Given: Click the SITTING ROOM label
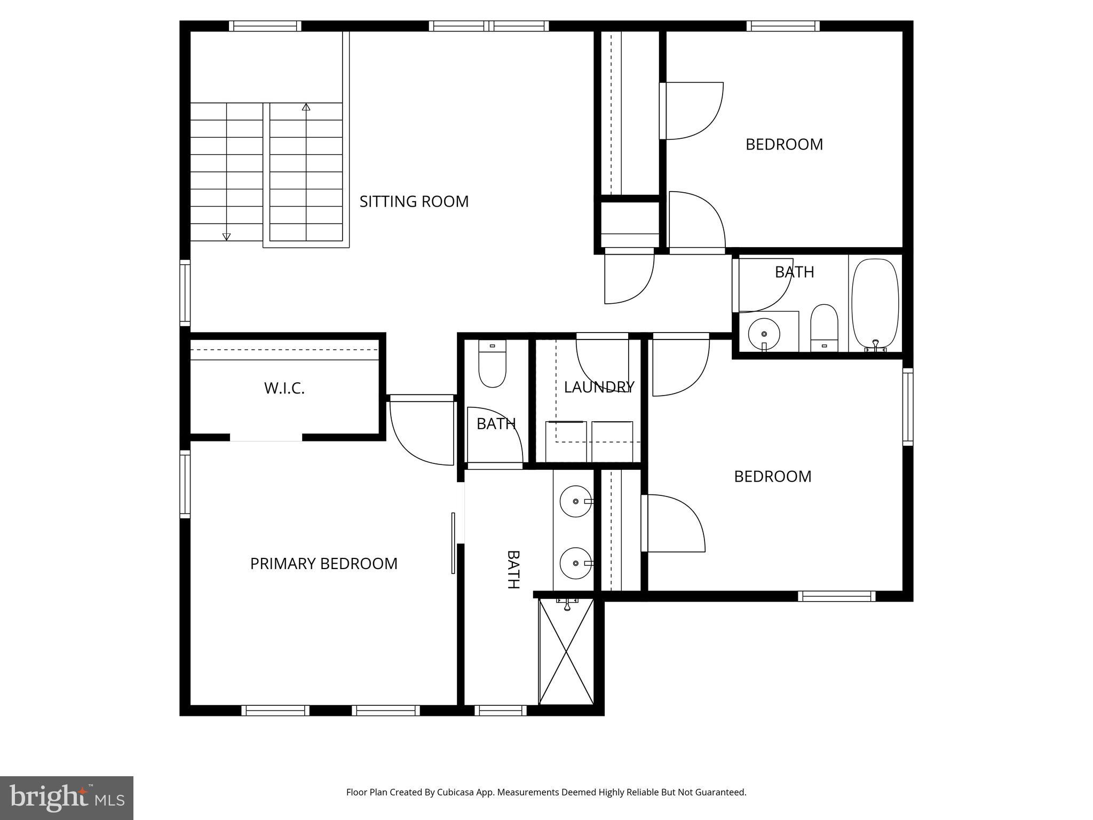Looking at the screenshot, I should [x=414, y=202].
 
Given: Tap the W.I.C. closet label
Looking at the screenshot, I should [x=284, y=389].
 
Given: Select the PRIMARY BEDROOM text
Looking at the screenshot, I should [x=323, y=564].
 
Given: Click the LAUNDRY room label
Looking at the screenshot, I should [x=599, y=387].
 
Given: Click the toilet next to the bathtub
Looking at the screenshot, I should [x=824, y=327].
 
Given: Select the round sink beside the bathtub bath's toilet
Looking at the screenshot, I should [x=764, y=334].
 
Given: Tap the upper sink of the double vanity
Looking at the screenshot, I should [x=575, y=501].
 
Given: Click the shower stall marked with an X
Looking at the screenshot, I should [x=566, y=651].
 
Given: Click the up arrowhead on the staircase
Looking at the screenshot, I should [x=306, y=107].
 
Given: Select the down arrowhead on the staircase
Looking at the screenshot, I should [x=226, y=236].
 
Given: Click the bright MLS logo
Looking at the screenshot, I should [x=66, y=798].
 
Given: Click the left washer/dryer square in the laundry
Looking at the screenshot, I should [x=566, y=441].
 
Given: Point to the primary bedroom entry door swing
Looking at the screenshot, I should [x=422, y=430].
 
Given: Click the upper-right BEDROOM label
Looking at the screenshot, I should [x=784, y=145].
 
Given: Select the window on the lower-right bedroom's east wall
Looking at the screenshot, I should [x=908, y=407].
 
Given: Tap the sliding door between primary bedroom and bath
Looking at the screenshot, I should [x=453, y=543].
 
